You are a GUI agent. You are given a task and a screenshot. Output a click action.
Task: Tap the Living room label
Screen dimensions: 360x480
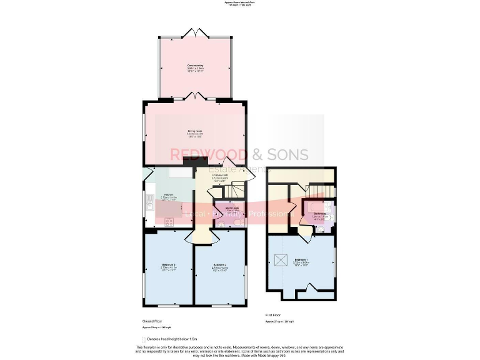[194, 131]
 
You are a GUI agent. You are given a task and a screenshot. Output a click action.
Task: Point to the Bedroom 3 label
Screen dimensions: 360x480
[168, 266]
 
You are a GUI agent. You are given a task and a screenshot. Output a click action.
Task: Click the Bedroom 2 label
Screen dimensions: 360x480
[219, 266]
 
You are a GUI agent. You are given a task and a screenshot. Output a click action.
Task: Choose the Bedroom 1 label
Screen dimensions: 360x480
[301, 259]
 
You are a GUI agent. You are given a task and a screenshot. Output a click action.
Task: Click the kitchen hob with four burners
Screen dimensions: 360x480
[169, 221]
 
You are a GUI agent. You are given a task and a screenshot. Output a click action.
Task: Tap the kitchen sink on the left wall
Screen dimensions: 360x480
[150, 202]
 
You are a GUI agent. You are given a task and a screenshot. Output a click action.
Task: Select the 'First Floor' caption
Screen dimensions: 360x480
[273, 316]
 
